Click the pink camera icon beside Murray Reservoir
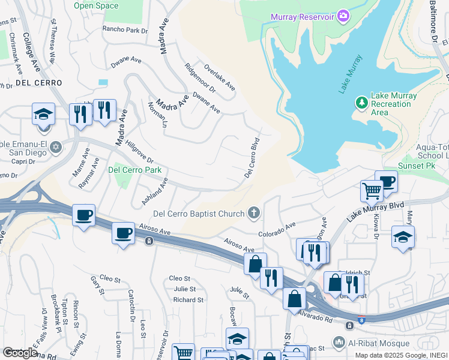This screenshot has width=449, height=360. coord(343,15)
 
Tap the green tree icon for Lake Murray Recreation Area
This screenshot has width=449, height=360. coord(361,103)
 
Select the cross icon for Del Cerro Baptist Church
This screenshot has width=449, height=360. coord(254,213)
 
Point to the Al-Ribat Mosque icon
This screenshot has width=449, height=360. coord(351,343)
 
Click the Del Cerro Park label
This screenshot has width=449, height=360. coord(136,170)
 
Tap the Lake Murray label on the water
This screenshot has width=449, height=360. coord(351,74)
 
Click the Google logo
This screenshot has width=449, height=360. coord(20,353)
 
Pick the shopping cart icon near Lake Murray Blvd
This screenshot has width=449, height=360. coord(372,191)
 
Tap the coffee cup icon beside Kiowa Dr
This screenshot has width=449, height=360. coord(387,181)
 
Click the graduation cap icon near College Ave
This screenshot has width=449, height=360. coord(44,113)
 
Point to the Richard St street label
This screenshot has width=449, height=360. coord(188,299)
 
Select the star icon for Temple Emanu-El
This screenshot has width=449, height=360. coord(55,146)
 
